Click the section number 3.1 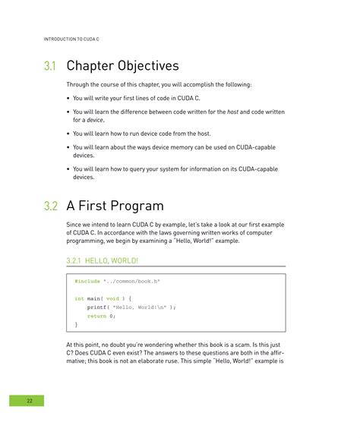click(x=50, y=66)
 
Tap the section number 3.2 click(x=51, y=206)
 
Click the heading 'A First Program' click(x=115, y=206)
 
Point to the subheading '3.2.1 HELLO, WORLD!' click(x=103, y=260)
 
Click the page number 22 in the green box click(x=29, y=400)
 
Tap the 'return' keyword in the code click(x=96, y=315)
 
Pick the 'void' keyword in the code click(x=112, y=298)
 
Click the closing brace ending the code click(x=76, y=324)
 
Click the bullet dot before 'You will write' click(x=69, y=98)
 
